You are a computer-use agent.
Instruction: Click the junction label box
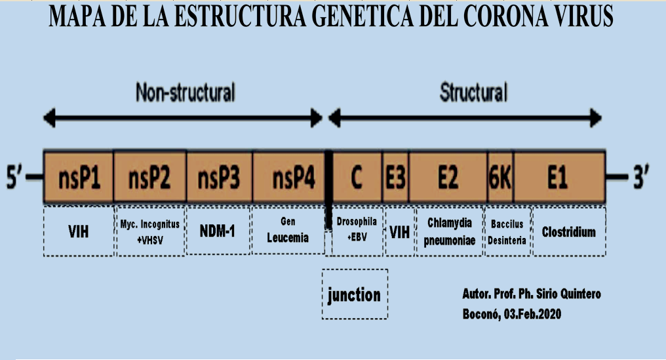tap(354, 294)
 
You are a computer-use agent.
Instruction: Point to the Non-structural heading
tap(185, 93)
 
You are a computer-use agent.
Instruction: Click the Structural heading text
tap(473, 93)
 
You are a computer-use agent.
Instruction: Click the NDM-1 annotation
tap(217, 231)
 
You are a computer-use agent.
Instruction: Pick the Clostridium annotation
tap(568, 231)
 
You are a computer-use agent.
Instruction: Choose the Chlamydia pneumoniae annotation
tap(449, 231)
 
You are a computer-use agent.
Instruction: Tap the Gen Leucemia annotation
tap(288, 231)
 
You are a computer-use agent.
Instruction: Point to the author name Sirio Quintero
tap(564, 294)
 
